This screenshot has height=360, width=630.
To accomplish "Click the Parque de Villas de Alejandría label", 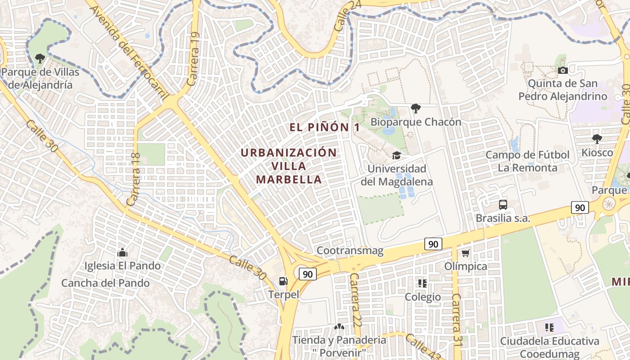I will point(40,78).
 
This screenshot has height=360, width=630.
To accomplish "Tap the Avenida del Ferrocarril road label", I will point(130,49).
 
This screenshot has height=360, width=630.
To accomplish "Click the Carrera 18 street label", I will point(134,180).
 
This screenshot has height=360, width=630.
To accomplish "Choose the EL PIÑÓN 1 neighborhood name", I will point(324,127).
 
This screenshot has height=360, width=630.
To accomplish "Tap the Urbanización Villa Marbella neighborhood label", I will point(289,166).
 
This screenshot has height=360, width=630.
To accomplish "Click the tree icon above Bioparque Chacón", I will point(415,108).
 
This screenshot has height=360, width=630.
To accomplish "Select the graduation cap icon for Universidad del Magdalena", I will point(396,156).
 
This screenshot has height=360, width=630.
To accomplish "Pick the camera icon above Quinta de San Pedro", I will point(562,70).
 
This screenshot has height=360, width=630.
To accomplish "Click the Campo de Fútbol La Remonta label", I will point(527,162).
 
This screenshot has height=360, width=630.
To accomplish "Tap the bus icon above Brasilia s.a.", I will point(503,205).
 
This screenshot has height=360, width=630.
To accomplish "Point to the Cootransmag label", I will point(350,251).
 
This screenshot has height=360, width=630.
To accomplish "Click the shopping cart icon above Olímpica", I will point(465,253).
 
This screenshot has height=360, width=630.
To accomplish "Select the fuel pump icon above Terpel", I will point(283,281).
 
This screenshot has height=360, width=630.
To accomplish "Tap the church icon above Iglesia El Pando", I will point(122,252).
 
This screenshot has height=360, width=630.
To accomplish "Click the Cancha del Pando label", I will point(105,283).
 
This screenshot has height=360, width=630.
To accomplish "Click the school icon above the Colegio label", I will point(422,283).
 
